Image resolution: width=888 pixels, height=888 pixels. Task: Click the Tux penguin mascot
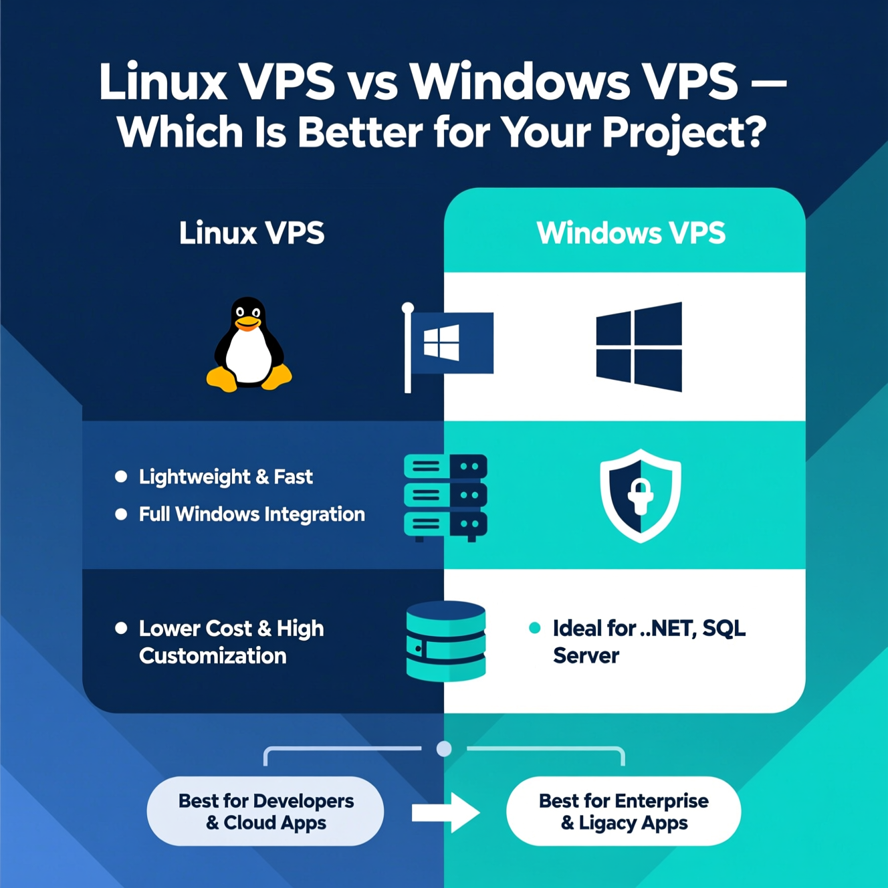coord(249,346)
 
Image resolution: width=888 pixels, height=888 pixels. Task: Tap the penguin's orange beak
coord(248,324)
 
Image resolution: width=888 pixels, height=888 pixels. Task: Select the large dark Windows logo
coord(639,346)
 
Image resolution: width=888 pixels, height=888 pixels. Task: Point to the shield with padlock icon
coord(640,495)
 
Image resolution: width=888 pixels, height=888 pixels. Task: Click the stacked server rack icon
coord(445,496)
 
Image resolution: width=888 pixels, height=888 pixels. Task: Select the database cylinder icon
coord(446,641)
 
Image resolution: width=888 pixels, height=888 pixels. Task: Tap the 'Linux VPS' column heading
coord(251,233)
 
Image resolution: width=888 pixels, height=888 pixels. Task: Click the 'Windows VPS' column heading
coord(631,233)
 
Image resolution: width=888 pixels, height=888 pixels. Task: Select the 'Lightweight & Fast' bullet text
coord(225,477)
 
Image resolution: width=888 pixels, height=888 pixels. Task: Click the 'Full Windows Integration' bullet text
coord(251,514)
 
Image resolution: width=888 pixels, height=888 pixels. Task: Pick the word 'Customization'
coord(213,656)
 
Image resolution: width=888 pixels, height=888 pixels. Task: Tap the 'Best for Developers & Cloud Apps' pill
coord(265,811)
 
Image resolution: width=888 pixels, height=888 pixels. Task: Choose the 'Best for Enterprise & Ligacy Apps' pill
coord(623,811)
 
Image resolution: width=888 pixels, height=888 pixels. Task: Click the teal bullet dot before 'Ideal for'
coord(534,628)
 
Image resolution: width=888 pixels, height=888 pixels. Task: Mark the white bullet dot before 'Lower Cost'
coord(121,628)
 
